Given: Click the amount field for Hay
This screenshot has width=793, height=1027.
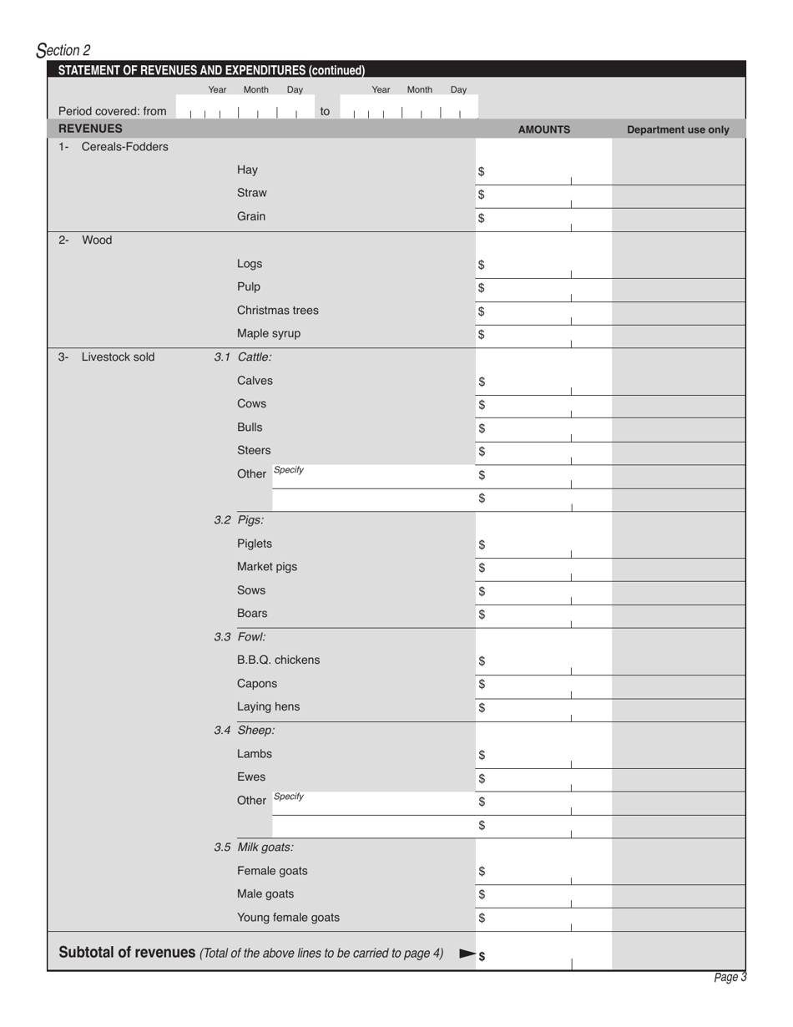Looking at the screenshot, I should coord(543,172).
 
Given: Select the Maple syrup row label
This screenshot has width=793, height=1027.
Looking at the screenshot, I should coord(268,333).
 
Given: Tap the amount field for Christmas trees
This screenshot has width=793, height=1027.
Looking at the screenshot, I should coord(543,312).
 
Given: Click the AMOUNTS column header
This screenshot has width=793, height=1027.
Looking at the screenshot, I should coord(543,129).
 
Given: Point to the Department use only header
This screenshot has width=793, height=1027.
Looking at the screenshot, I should coord(678,129).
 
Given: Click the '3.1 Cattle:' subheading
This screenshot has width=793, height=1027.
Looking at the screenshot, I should coord(242,357).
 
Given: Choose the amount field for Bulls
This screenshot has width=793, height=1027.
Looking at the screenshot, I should coord(543,429).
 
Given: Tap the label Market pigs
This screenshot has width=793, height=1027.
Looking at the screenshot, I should coord(266,567).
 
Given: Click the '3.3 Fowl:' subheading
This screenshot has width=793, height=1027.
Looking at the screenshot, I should coord(240,637).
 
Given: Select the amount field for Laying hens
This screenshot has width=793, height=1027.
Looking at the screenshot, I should coord(543,708).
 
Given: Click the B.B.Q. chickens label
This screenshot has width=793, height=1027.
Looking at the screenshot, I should coord(278,660).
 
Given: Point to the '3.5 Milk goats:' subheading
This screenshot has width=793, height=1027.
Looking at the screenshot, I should coord(253,847).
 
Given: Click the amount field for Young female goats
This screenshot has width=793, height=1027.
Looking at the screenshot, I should coord(543,918).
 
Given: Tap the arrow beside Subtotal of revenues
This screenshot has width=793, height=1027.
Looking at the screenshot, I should coord(468,954).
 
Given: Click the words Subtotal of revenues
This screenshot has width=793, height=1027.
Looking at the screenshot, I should coord(127,953).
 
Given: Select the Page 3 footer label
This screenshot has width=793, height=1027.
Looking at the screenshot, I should coord(730,978).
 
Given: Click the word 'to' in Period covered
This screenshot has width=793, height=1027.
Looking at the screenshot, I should coord(326,111).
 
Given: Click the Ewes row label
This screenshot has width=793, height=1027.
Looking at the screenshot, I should coord(251,777).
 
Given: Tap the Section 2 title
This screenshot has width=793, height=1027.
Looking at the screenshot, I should coord(63,51).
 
